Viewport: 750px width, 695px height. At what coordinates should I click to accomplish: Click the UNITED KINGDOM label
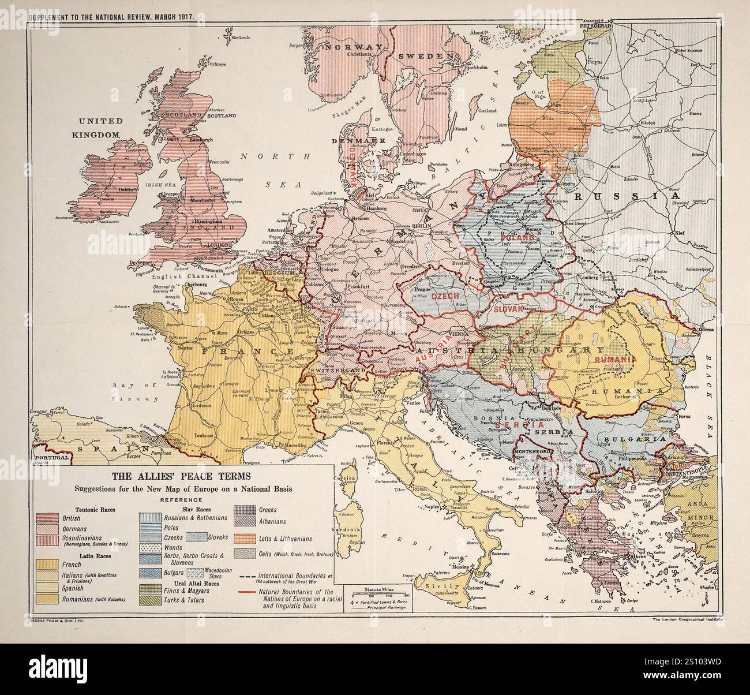click(x=97, y=128)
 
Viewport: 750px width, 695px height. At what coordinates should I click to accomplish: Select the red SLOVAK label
click(x=508, y=310)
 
